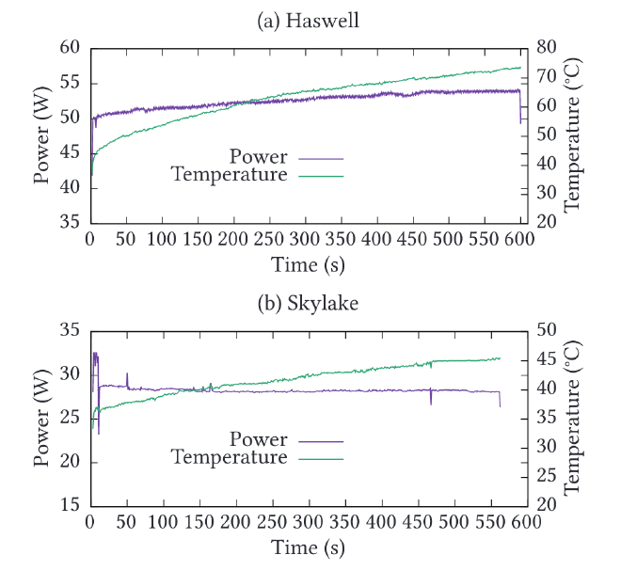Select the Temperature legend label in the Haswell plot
tap(230, 175)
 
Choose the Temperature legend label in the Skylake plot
tap(230, 457)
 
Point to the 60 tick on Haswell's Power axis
tap(71, 48)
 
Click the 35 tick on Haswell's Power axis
tap(71, 223)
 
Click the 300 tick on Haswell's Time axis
tap(307, 240)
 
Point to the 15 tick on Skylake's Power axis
tap(71, 505)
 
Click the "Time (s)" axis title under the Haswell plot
tap(308, 264)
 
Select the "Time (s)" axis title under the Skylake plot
tap(308, 547)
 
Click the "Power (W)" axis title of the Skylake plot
tap(42, 418)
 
